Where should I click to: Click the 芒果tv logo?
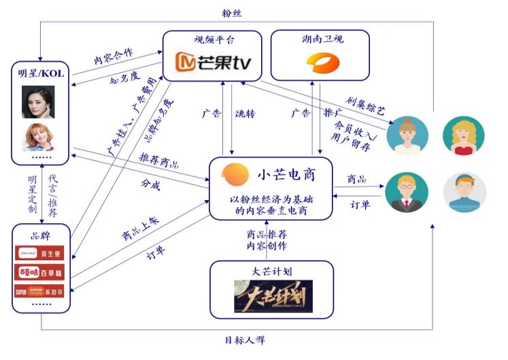(214, 64)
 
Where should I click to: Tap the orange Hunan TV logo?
(320, 64)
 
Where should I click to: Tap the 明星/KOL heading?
(41, 73)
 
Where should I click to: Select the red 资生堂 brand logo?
(41, 254)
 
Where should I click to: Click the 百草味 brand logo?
(41, 273)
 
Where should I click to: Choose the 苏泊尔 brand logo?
(41, 292)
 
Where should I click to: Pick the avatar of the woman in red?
(463, 133)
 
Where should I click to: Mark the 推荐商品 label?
(159, 161)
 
